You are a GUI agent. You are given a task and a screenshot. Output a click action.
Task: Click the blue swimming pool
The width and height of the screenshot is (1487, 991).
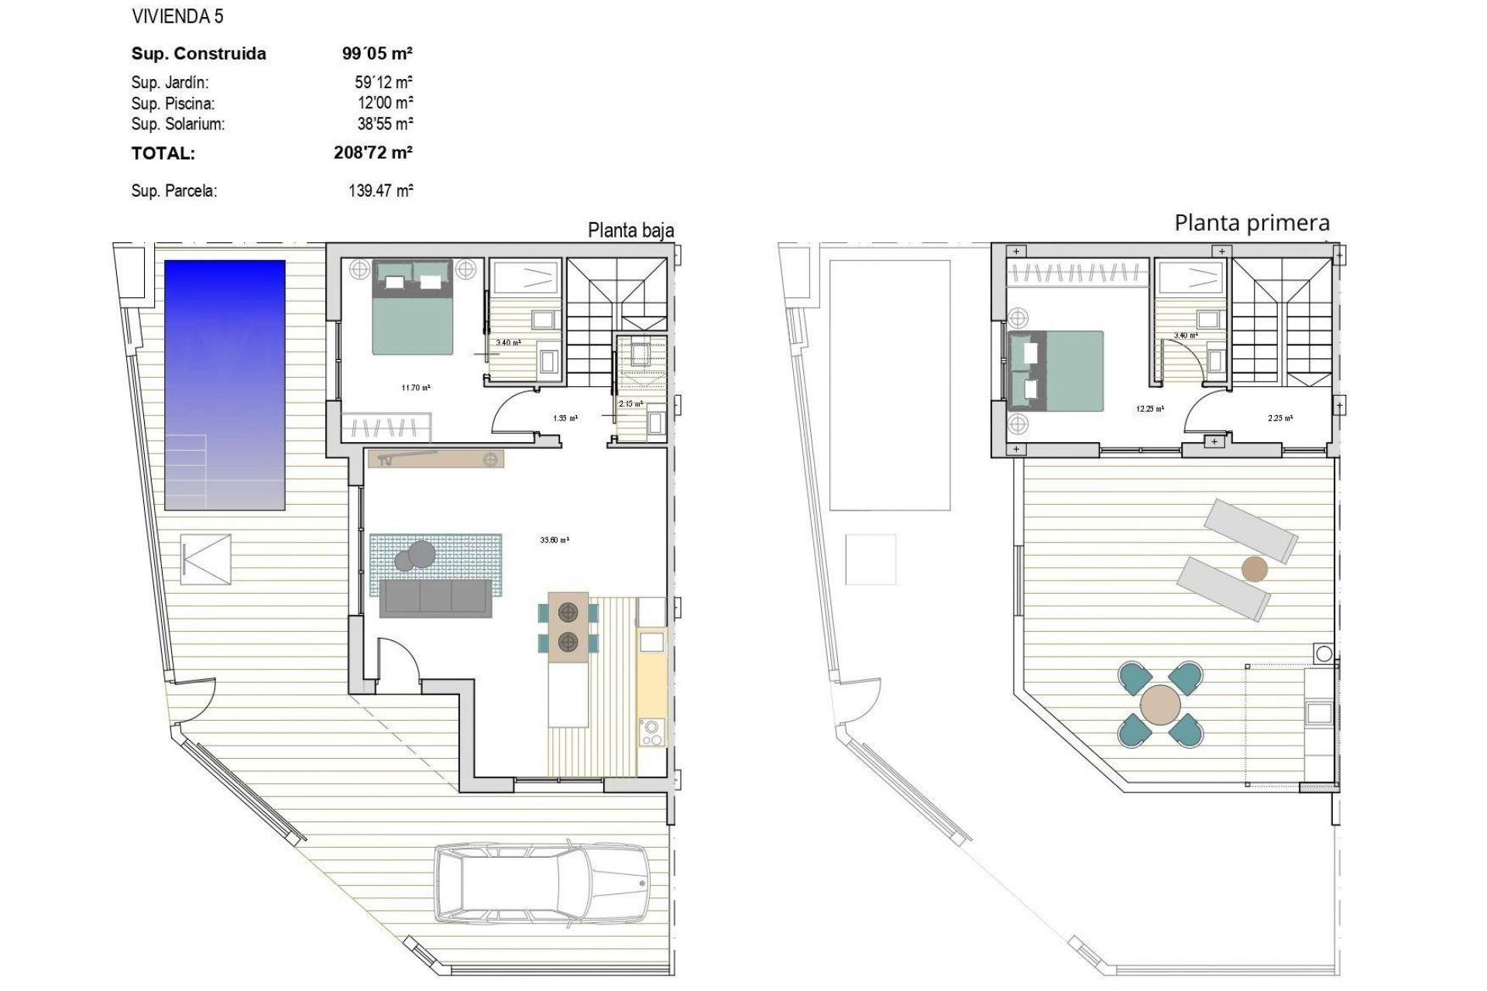click(x=225, y=385)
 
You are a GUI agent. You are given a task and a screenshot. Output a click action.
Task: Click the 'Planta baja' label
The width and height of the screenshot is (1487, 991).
click(x=630, y=230)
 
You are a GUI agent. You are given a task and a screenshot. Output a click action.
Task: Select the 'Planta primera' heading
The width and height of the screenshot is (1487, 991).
click(x=1252, y=223)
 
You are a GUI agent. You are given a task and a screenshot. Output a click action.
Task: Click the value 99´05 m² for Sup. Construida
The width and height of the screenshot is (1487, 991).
click(x=377, y=53)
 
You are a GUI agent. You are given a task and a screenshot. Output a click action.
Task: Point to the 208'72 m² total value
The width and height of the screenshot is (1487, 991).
click(x=373, y=153)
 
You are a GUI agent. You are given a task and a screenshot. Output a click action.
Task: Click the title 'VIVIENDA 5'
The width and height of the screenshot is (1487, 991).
click(x=177, y=16)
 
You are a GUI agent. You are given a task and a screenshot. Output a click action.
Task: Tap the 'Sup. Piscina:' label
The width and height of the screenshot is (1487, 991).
click(x=173, y=103)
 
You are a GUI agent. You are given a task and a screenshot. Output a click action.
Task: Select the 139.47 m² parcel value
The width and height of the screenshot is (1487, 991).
click(x=380, y=190)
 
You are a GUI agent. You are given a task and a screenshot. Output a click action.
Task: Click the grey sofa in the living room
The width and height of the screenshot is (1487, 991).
click(x=435, y=598)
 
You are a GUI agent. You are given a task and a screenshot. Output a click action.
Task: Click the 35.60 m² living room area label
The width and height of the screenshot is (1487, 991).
click(x=555, y=540)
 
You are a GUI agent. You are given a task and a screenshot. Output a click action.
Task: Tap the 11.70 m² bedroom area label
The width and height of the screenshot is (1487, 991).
click(x=416, y=388)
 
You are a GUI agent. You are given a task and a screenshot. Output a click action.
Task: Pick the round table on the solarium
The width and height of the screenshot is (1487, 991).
click(x=1160, y=705)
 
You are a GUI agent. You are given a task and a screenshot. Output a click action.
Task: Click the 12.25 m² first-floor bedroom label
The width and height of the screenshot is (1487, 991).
click(x=1149, y=409)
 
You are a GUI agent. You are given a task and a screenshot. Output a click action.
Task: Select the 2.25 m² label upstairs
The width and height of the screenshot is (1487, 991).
click(x=1279, y=418)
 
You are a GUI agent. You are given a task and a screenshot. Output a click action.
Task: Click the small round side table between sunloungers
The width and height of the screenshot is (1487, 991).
click(x=1255, y=570)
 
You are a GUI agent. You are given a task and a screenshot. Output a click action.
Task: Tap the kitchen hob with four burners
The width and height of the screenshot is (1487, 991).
click(x=652, y=732)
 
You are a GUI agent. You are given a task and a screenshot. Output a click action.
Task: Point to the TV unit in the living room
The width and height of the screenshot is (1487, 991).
click(x=436, y=459)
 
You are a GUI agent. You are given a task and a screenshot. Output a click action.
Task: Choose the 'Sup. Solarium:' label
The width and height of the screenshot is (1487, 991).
click(x=178, y=124)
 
